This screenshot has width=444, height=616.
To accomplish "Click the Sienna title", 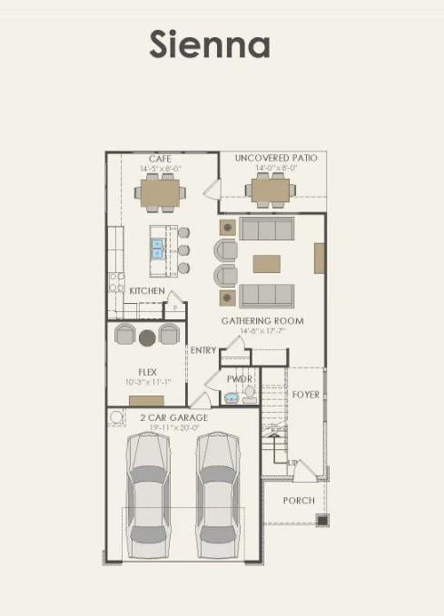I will point(210,44).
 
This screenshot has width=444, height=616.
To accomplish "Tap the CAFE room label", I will point(161,159).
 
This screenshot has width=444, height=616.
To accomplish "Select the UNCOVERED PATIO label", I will point(276,159).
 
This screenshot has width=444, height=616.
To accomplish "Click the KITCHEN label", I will point(147,291).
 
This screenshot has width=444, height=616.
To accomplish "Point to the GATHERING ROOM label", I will point(262,321).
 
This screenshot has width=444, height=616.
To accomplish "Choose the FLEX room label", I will point(147,372).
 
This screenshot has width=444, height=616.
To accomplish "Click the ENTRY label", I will point(203,350).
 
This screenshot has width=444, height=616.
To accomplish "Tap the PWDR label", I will point(240,378).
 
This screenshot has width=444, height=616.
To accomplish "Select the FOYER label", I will point(306,395).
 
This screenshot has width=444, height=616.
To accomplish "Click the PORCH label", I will point(299,501).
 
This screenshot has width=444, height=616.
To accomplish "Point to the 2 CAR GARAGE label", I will point(173,418).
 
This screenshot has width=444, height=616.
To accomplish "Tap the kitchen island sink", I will point(157,248).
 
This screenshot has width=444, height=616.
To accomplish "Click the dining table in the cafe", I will point(160,191).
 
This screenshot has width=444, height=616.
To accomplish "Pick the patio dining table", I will point(269,191).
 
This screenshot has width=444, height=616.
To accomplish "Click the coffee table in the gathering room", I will point(266,264).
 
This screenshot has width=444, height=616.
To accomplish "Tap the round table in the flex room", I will point(147,337).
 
